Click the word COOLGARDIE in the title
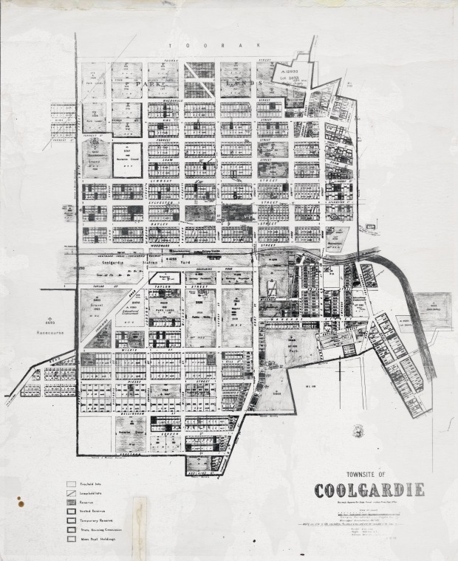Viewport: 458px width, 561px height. (369, 490)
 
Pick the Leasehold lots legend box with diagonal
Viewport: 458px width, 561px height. (71, 492)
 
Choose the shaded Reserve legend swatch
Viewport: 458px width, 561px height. (71, 500)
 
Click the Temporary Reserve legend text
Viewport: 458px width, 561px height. (95, 520)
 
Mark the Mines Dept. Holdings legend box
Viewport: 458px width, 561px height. (71, 539)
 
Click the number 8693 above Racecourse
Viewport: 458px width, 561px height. (49, 322)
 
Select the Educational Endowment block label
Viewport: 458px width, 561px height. (128, 311)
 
